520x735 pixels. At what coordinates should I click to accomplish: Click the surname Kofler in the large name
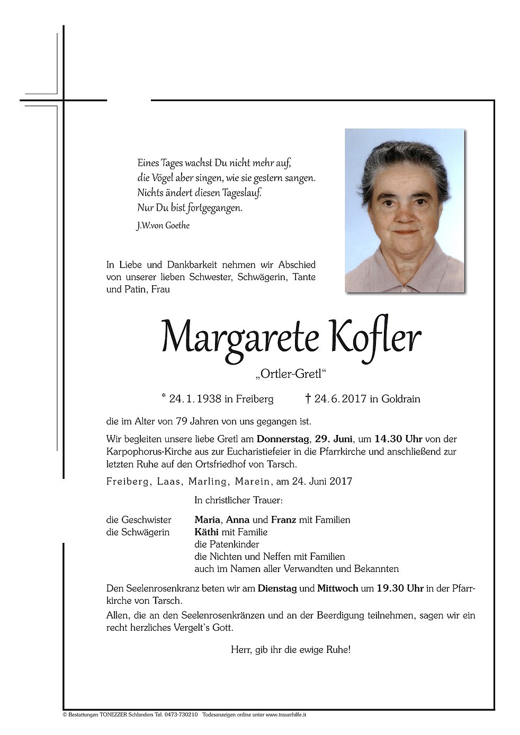[x=376, y=337]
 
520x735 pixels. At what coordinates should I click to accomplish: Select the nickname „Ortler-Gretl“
[x=290, y=375]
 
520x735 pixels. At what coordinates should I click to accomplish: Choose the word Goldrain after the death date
[x=400, y=398]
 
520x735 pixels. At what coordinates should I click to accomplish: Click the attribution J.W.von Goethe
[x=163, y=225]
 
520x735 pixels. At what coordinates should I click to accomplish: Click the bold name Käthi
[x=207, y=532]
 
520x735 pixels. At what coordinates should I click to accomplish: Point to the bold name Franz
[x=284, y=520]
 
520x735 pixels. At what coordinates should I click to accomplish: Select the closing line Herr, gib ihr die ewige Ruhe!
[x=290, y=649]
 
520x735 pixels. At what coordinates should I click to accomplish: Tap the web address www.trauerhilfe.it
[x=286, y=714]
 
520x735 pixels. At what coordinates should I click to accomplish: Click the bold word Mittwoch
[x=337, y=588]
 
